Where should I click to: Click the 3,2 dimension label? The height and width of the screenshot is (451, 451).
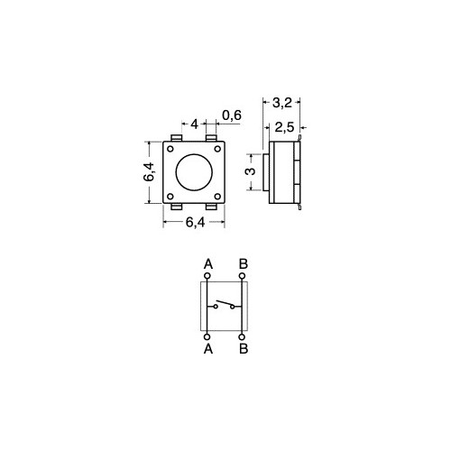282,104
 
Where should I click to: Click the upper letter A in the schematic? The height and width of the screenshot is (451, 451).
208,263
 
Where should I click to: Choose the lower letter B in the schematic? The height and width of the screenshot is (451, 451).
243,347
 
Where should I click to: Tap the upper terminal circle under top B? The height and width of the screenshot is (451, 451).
242,275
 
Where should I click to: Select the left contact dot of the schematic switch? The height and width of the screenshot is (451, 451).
216,307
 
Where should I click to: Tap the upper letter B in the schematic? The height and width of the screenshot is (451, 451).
243,263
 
